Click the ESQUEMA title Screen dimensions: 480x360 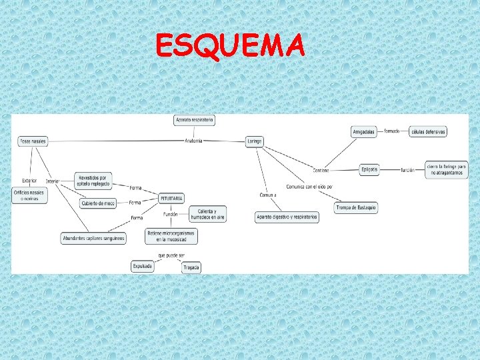click(230, 46)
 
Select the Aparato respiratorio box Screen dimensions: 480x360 click(194, 120)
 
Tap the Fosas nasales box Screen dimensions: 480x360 click(33, 141)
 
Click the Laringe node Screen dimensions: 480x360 click(254, 141)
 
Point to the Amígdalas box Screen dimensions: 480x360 click(364, 132)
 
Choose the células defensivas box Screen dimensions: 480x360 click(428, 132)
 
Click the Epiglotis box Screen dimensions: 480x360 click(369, 170)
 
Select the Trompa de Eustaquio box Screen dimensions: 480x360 click(356, 208)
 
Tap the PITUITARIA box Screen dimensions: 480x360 click(171, 198)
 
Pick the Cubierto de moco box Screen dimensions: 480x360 click(98, 203)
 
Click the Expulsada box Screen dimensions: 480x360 click(143, 266)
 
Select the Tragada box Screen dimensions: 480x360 click(191, 267)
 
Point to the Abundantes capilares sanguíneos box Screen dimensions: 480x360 click(93, 239)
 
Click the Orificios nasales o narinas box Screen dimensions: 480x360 click(29, 195)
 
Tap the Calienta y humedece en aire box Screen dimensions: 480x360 click(207, 214)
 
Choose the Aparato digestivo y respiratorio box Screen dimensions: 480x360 click(287, 217)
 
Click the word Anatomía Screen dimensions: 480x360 click(193, 141)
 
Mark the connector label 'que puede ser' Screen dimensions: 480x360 click(171, 255)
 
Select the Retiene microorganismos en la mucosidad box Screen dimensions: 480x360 click(171, 235)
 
